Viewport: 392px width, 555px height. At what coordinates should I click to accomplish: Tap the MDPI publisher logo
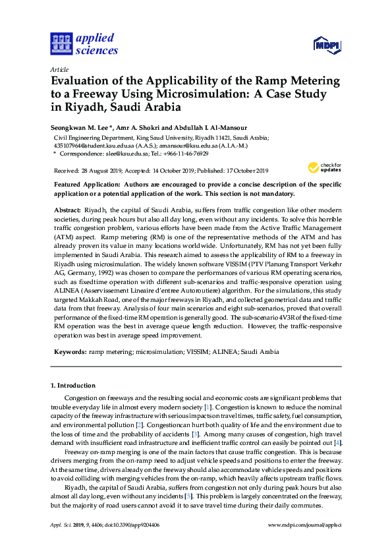pos(327,45)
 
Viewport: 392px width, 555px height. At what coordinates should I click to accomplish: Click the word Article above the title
pos(59,69)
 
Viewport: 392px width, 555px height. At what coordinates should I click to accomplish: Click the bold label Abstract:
pos(65,208)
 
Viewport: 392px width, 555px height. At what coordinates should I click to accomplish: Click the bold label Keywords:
pos(69,352)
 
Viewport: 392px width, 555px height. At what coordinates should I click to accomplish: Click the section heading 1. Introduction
pos(72,385)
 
